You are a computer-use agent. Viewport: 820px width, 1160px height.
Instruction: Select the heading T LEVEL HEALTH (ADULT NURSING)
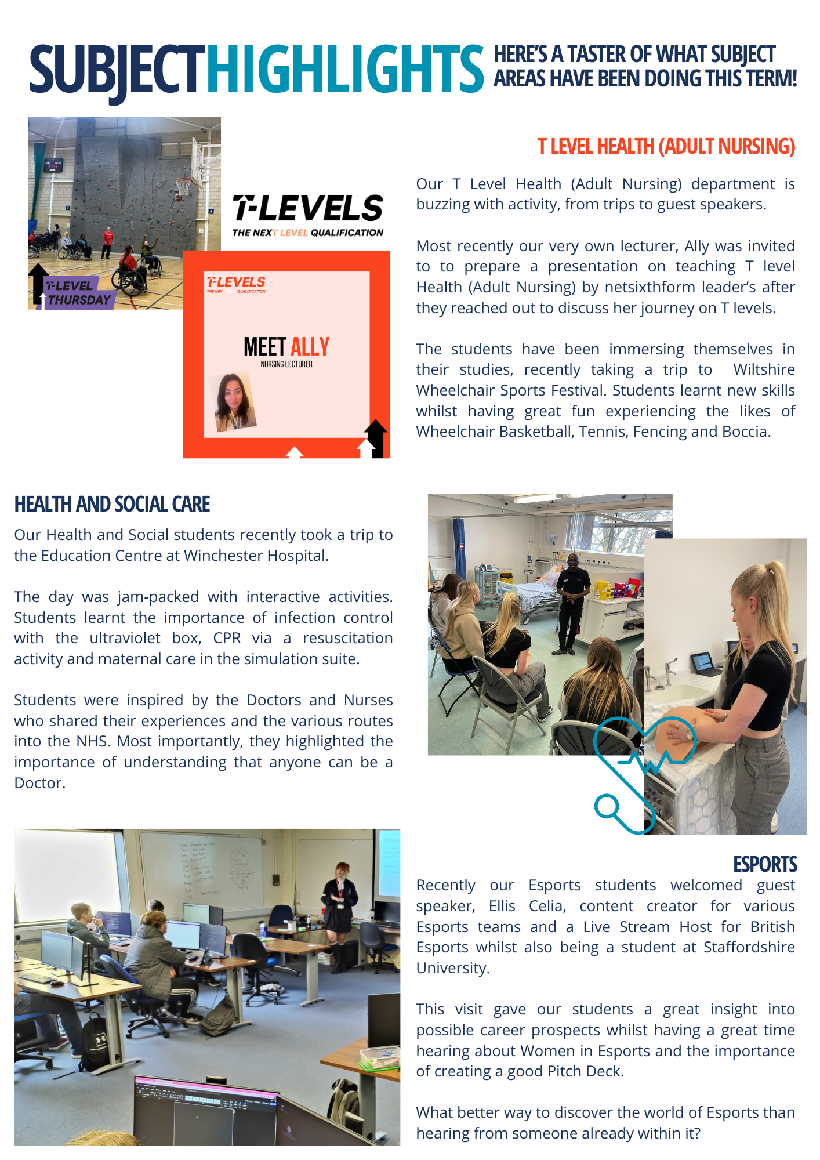(x=666, y=146)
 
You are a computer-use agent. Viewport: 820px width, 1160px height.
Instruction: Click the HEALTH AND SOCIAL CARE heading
(x=112, y=504)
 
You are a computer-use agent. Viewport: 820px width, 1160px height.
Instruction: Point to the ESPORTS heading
(x=764, y=864)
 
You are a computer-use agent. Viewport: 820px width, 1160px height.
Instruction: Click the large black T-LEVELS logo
(x=308, y=208)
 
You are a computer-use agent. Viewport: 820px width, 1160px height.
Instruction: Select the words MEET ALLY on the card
(x=286, y=347)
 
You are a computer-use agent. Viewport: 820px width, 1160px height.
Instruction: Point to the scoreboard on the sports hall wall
(x=54, y=165)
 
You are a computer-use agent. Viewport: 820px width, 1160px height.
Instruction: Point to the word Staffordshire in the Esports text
(x=749, y=947)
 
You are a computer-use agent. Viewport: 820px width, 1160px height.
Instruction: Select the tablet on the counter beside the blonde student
(x=702, y=663)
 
